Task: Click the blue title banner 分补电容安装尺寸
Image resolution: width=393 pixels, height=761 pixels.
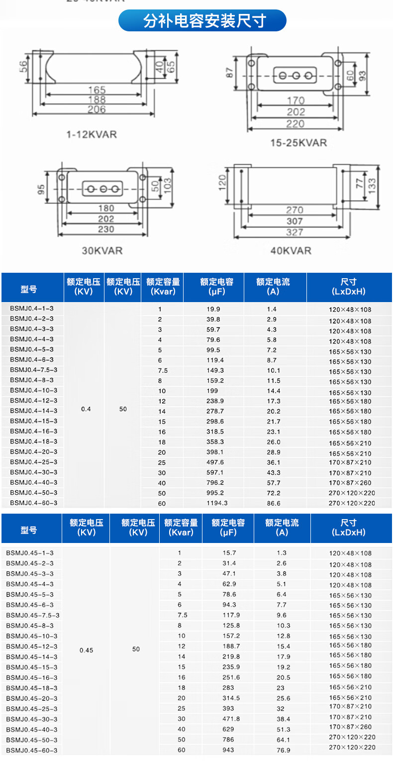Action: tap(202, 21)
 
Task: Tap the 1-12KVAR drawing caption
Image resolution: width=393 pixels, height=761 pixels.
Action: tap(92, 134)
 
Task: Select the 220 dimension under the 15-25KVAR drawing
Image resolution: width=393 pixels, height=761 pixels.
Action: tap(295, 124)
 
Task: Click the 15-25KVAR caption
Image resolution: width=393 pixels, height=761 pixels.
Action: tap(298, 143)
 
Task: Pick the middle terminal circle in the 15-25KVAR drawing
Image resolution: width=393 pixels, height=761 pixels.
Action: tap(295, 76)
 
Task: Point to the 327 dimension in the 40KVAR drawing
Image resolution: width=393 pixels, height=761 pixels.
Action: tap(295, 232)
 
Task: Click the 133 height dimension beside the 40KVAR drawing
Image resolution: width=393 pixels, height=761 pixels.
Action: tap(372, 186)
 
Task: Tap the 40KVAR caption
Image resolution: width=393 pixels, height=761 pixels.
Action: tap(291, 250)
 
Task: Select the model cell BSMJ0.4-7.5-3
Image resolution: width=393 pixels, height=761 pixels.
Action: tap(33, 370)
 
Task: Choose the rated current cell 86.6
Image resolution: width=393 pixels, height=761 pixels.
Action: tap(274, 503)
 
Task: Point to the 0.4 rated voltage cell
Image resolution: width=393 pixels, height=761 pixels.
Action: tap(86, 409)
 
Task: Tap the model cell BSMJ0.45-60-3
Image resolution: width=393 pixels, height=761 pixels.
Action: tap(32, 750)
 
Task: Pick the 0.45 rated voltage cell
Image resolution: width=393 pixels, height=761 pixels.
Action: tap(86, 650)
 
